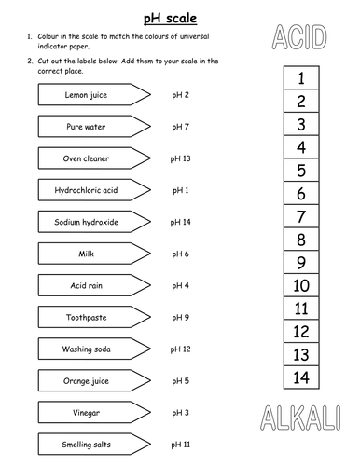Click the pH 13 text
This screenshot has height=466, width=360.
tap(181, 158)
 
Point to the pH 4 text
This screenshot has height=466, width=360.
tap(181, 285)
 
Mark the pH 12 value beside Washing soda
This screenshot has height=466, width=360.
tap(181, 349)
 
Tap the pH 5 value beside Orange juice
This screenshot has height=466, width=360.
tap(181, 380)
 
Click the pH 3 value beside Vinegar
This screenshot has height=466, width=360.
tap(181, 412)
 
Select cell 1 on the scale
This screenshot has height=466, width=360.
tap(301, 80)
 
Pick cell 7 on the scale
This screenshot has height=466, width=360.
tap(301, 217)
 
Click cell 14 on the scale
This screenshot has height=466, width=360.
tap(301, 377)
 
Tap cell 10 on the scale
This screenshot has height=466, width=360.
tap(301, 286)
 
